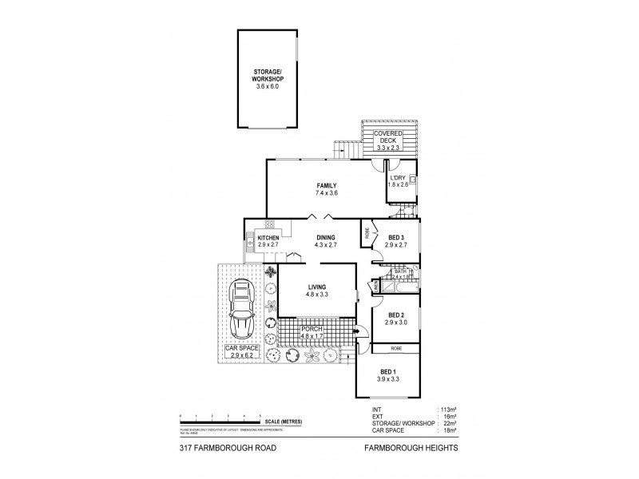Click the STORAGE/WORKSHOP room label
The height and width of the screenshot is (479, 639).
[x=268, y=76]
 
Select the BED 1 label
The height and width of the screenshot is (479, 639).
[x=388, y=372]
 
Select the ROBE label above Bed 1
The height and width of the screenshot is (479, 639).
[x=396, y=349]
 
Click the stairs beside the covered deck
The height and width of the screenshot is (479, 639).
[x=343, y=149]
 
